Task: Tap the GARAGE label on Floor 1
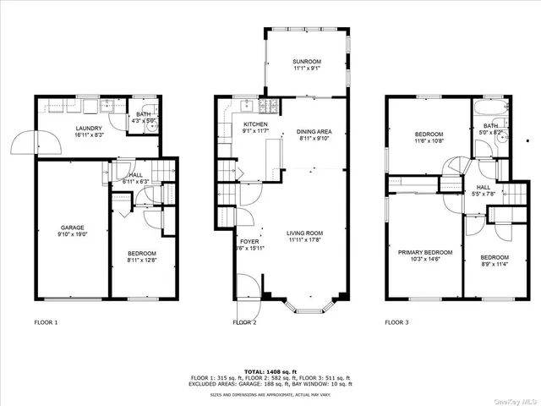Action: coord(72,228)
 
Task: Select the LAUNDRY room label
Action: coord(88,129)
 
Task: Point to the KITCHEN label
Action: coord(232,124)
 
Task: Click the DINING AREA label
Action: coord(314,132)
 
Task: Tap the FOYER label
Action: coord(249,242)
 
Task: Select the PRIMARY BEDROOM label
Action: coord(425,252)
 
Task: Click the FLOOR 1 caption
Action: coord(46,322)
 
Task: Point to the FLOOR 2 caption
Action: coord(244,322)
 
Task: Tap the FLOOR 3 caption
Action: coord(397,322)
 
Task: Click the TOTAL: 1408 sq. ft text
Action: coord(270,371)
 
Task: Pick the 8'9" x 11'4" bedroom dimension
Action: coord(494,263)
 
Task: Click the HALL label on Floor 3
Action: coord(483,188)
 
